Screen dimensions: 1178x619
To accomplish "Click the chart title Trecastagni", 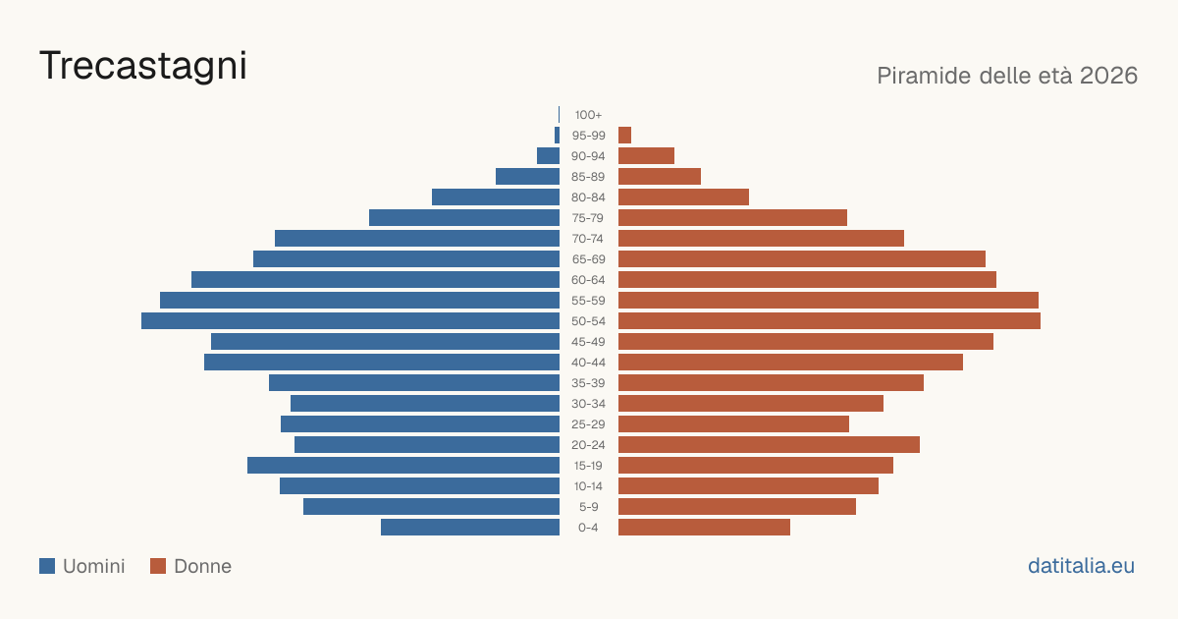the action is coord(143,66).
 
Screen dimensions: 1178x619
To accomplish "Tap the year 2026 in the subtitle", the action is coord(1108,76).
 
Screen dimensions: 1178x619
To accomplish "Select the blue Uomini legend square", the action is coord(47,566).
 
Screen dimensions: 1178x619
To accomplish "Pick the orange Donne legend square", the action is coord(158,566).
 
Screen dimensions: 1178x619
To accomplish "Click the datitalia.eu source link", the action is coord(1081,566).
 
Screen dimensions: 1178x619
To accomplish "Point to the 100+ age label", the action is coord(588,115).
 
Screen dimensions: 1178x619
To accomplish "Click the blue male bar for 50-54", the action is coord(350,321).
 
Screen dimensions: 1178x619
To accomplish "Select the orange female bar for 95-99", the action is coord(624,136).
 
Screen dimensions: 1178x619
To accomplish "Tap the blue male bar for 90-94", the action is coord(548,156).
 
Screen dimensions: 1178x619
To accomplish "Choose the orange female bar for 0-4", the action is coord(704,528).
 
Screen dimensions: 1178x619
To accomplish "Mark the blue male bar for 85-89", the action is coord(527,176).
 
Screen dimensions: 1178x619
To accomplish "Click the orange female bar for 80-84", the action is coord(683,197).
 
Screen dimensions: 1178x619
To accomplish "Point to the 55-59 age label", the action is coord(588,301).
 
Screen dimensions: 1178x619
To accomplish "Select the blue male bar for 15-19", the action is coord(403,466).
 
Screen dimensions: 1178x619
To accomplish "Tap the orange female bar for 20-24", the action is coord(769,445).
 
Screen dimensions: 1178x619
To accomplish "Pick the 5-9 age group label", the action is coord(588,507).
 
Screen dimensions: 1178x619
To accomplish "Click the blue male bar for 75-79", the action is coord(464,218).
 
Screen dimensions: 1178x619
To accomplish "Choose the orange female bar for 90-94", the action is coord(646,156).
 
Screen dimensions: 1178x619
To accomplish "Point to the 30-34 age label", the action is coord(588,404).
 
